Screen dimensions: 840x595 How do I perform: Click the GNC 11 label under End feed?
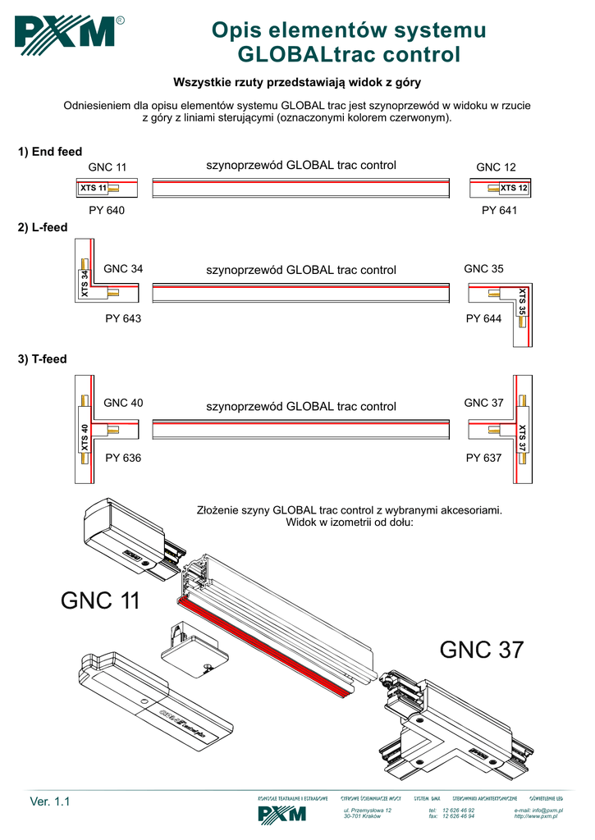tap(108, 167)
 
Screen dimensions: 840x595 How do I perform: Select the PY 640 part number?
tap(107, 211)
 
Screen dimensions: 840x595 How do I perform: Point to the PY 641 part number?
tap(499, 211)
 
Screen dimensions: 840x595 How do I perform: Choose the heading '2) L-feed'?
tap(43, 227)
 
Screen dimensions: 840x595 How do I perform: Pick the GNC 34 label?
tap(123, 269)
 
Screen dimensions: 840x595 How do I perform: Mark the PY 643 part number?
tap(123, 318)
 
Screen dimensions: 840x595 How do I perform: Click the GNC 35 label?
tap(483, 269)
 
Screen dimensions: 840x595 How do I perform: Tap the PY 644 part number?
tap(483, 318)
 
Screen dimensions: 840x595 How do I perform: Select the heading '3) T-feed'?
tap(43, 359)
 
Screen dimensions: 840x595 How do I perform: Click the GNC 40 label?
tap(123, 403)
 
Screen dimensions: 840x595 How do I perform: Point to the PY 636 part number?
tap(123, 458)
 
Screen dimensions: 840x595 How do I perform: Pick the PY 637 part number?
tap(483, 458)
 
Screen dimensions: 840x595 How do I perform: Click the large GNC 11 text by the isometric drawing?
tap(100, 601)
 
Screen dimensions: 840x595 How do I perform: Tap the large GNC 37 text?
tap(481, 651)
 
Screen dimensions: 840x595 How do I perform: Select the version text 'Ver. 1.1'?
tap(50, 801)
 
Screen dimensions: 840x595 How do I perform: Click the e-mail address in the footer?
tap(538, 810)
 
